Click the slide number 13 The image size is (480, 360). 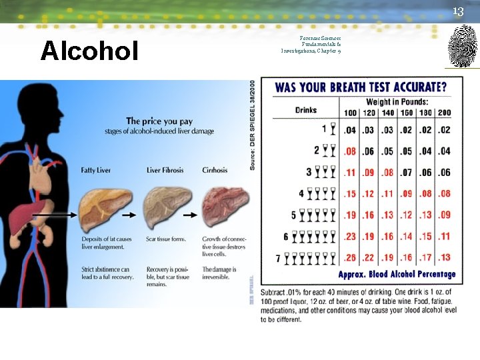click(457, 11)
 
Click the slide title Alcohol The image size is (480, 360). click(89, 51)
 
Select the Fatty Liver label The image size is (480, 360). click(96, 171)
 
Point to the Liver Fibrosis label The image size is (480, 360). click(167, 171)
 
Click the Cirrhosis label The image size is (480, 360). click(215, 171)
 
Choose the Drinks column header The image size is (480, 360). click(306, 110)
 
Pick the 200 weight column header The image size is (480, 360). click(444, 113)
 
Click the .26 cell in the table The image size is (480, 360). click(350, 258)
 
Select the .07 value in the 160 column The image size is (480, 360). click(406, 173)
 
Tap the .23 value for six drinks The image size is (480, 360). click(350, 237)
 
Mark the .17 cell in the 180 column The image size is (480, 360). click(425, 258)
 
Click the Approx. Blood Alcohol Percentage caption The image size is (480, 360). click(397, 275)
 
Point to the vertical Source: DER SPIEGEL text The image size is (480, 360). click(253, 126)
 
